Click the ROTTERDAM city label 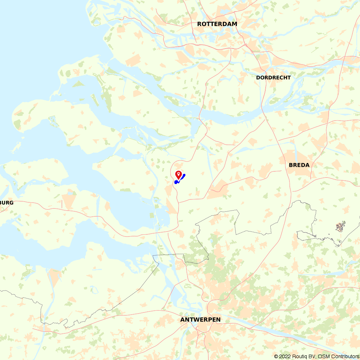click(x=217, y=24)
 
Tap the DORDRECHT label click(x=273, y=77)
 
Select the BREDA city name click(x=299, y=165)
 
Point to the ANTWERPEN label click(x=200, y=320)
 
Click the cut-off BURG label click(x=7, y=203)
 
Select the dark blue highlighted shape click(x=180, y=179)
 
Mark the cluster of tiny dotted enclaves click(x=340, y=226)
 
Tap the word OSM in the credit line click(x=324, y=356)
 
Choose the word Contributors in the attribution click(x=345, y=356)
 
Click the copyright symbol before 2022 click(x=276, y=356)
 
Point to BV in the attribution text click(x=312, y=356)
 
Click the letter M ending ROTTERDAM click(x=235, y=24)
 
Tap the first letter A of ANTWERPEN click(x=183, y=320)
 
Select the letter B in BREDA click(x=291, y=165)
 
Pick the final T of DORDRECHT click(x=289, y=77)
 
